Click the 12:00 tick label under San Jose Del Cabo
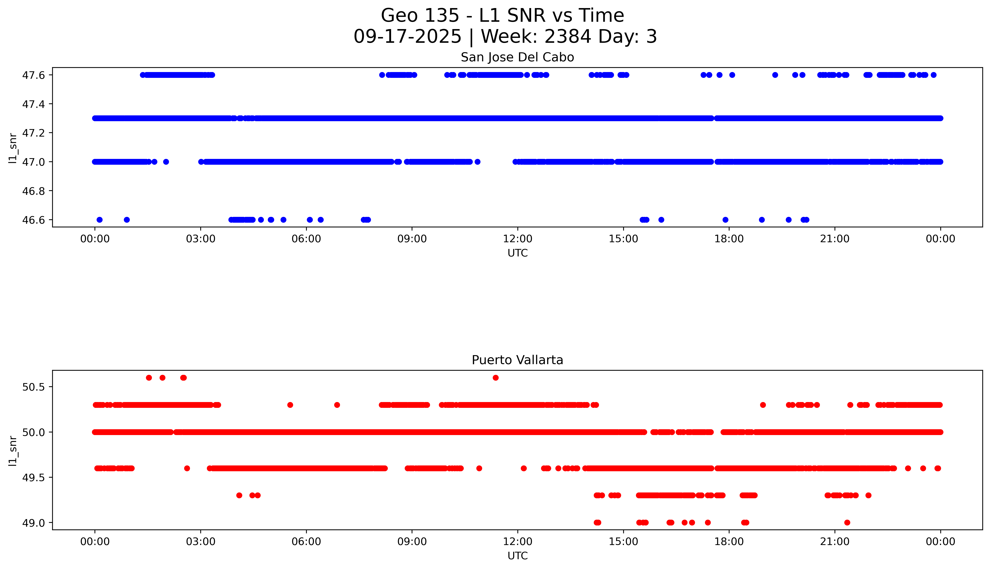[517, 239]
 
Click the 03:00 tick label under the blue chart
[201, 239]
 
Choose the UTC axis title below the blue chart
[517, 253]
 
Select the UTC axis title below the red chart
[517, 556]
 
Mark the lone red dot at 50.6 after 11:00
[496, 377]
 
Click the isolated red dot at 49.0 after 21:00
[847, 522]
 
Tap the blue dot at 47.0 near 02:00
[166, 162]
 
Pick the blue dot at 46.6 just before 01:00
[127, 220]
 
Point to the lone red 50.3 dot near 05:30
[290, 405]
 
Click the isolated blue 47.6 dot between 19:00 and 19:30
[775, 75]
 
